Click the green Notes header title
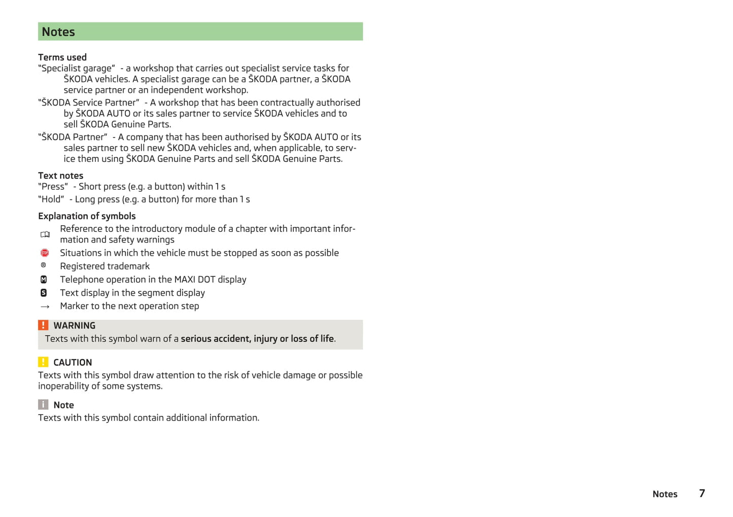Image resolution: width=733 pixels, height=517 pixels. point(58,32)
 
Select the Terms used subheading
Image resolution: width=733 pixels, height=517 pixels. point(62,57)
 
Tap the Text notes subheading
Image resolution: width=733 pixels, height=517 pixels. point(60,176)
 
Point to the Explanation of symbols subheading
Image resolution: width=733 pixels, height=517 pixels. point(87,216)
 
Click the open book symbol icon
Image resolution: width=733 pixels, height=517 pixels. point(45,234)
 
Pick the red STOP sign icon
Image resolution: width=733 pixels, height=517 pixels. point(45,253)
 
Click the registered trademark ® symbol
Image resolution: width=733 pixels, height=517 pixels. point(44,265)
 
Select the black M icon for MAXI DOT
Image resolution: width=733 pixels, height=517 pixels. point(44,280)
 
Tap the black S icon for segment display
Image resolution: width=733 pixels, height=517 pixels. point(44,293)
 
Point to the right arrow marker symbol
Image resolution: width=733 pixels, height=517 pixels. point(45,306)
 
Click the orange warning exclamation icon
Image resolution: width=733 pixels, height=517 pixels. point(44,325)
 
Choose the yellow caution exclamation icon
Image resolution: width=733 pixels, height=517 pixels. point(44,362)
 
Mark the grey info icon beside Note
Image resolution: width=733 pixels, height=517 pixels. point(44,404)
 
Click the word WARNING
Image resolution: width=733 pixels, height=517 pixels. point(75,326)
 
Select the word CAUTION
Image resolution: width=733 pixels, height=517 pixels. point(73,362)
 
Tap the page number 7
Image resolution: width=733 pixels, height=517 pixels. point(702,493)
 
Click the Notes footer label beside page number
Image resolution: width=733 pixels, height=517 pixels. point(665,494)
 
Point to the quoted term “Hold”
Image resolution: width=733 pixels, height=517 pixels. point(51,199)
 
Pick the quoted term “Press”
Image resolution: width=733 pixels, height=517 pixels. point(53,187)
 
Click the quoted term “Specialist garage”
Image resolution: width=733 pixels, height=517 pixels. point(77,68)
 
